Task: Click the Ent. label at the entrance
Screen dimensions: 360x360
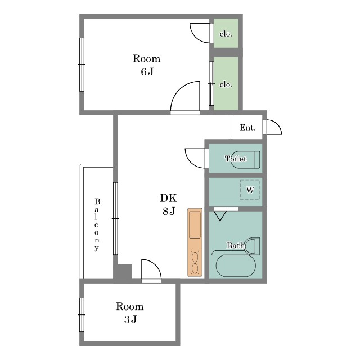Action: click(x=247, y=128)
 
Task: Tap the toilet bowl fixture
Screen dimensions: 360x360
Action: click(x=246, y=160)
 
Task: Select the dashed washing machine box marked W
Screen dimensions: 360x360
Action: click(x=250, y=190)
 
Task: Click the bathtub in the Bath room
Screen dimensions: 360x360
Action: click(x=236, y=265)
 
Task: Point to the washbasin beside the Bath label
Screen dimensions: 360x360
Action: click(x=252, y=246)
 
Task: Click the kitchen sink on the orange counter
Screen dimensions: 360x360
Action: click(x=195, y=225)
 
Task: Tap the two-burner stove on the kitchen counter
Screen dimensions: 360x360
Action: click(x=195, y=263)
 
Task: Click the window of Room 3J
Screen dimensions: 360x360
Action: click(x=82, y=315)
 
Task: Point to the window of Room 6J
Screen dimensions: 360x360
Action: click(x=82, y=65)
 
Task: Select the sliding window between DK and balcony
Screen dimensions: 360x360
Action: click(x=115, y=219)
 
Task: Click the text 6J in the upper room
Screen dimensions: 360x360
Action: click(x=147, y=71)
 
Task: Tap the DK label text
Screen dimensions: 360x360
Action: click(x=169, y=198)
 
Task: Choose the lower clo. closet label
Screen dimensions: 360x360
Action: click(x=226, y=84)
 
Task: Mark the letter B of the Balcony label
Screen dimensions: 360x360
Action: click(x=97, y=201)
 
